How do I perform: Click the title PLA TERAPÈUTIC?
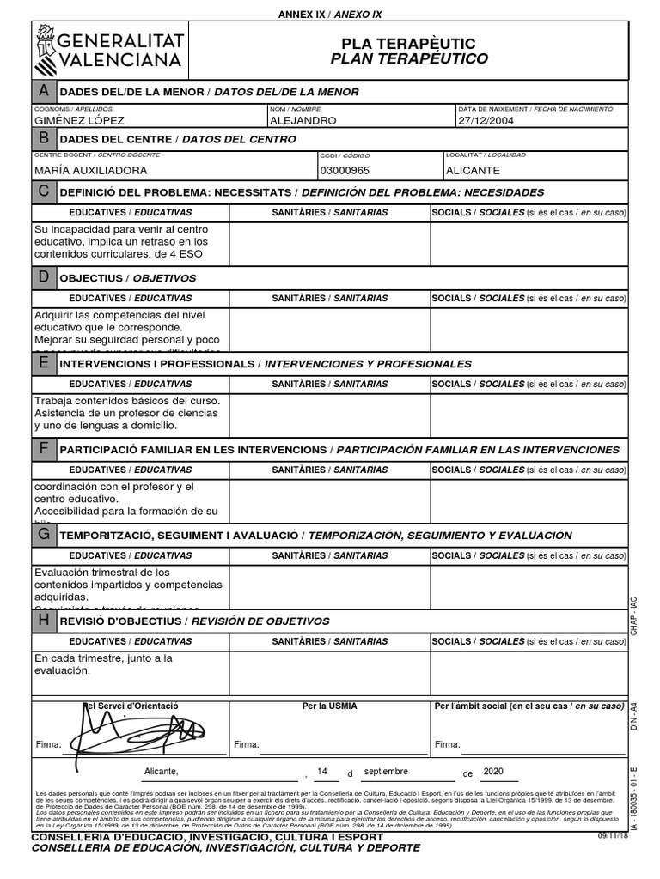pos(408,44)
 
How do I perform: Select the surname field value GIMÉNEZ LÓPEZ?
pos(73,121)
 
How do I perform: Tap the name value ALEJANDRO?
pos(302,121)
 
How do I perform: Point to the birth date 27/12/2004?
pos(487,121)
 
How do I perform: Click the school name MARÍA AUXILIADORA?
pos(90,170)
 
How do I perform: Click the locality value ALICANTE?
pos(473,170)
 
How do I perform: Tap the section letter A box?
pos(43,92)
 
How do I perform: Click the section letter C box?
pos(43,192)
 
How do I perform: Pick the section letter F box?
pos(43,449)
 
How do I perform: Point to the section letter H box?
pos(43,621)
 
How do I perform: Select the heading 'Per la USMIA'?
pos(329,706)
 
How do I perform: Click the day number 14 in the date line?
pos(322,772)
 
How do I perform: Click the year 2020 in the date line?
pos(494,772)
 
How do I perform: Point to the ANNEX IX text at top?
pos(303,15)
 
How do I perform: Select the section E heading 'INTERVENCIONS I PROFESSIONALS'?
pos(157,364)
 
